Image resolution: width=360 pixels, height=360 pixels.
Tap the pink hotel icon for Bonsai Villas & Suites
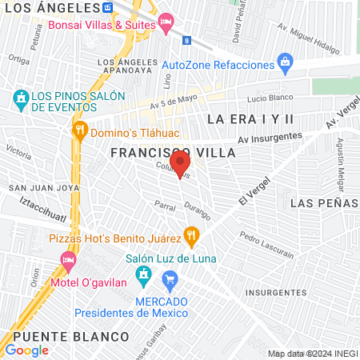pos(166,23)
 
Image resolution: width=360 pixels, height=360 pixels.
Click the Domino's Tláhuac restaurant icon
pos(79,131)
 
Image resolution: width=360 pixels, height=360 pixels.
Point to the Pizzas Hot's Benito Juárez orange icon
pos(190,237)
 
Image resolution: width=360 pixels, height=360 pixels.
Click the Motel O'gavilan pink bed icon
pos(69,260)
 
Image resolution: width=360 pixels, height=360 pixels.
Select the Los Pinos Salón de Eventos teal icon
pos(21,100)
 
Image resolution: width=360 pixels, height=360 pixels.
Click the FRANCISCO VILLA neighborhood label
pos(173,151)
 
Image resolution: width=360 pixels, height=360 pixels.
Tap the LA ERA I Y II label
pos(250,118)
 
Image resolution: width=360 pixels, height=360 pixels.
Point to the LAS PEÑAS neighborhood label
pos(324,203)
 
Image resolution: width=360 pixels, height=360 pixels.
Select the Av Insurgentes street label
pos(270,138)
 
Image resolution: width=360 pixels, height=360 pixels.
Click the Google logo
pos(26,350)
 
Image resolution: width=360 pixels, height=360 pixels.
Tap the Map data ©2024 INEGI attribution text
pos(311,353)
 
